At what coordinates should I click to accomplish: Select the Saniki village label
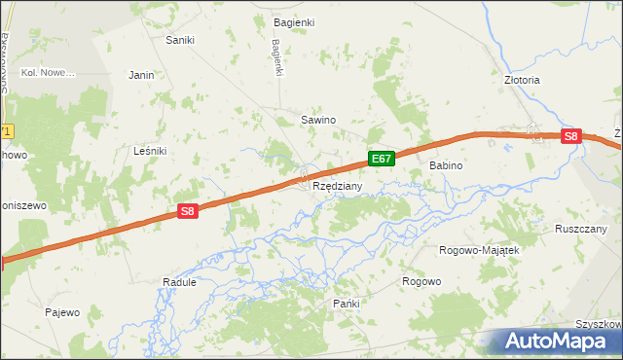point(180,40)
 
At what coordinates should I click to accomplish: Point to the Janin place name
point(142,74)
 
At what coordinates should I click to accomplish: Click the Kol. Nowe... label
point(49,73)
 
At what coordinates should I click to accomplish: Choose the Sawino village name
point(317,120)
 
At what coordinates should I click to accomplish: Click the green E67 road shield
point(382,158)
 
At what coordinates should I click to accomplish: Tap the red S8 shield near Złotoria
point(572,137)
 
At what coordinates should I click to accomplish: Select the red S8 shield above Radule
point(189,210)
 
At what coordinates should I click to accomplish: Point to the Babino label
point(446,166)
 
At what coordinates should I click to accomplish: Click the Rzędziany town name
point(338,186)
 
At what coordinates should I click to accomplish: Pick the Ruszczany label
point(581,229)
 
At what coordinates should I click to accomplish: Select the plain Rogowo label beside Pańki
point(421,281)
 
